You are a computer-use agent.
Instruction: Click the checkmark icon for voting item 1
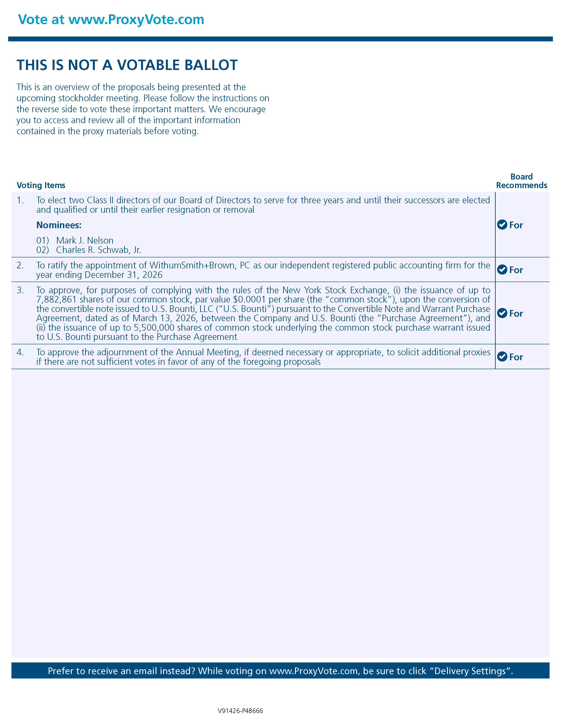pyautogui.click(x=502, y=225)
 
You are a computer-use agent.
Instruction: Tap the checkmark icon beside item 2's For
pyautogui.click(x=502, y=269)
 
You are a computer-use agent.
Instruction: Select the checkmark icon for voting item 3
pyautogui.click(x=502, y=313)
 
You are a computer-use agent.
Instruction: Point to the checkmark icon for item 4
pyautogui.click(x=502, y=357)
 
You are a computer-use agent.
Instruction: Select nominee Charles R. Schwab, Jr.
pyautogui.click(x=98, y=250)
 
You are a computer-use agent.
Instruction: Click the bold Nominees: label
pyautogui.click(x=59, y=225)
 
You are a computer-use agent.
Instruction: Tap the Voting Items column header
pyautogui.click(x=41, y=185)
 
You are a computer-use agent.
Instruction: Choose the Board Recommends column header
pyautogui.click(x=521, y=181)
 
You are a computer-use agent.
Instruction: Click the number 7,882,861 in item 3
pyautogui.click(x=57, y=299)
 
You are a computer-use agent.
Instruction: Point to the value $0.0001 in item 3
pyautogui.click(x=250, y=299)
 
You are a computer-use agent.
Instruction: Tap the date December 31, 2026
pyautogui.click(x=124, y=275)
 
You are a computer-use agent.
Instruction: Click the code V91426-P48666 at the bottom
pyautogui.click(x=240, y=711)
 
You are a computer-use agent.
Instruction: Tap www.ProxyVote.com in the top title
pyautogui.click(x=136, y=20)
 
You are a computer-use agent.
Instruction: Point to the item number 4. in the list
pyautogui.click(x=20, y=352)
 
